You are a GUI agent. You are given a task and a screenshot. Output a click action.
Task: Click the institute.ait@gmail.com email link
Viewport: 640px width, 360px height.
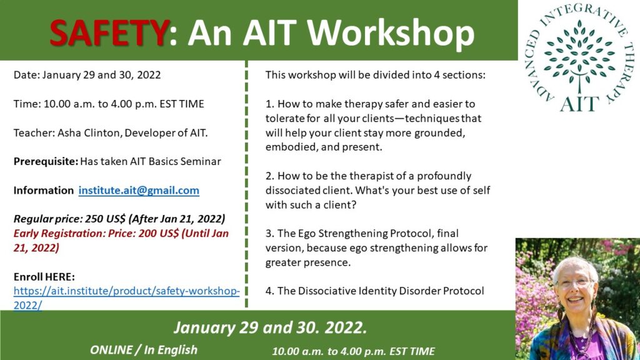click(x=139, y=191)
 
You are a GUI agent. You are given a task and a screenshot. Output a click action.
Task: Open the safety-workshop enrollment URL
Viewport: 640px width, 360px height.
click(x=126, y=298)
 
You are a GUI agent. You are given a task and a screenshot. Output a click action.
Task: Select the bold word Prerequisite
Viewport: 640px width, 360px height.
click(x=46, y=162)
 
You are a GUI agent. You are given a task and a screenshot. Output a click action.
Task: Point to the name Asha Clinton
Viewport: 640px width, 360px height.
click(x=89, y=132)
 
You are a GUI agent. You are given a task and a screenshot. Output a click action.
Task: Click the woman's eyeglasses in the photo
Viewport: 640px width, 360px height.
click(x=575, y=282)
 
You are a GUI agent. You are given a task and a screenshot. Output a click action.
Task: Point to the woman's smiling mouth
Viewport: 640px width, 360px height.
click(x=576, y=299)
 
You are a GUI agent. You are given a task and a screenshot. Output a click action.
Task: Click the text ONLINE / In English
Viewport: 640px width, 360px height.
click(x=144, y=350)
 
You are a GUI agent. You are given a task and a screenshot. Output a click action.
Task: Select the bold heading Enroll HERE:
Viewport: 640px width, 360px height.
click(x=44, y=277)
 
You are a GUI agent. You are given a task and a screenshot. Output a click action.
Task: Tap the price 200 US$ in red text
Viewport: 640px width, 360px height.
click(x=159, y=234)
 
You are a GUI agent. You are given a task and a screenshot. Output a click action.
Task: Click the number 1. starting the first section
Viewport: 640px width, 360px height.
click(x=270, y=104)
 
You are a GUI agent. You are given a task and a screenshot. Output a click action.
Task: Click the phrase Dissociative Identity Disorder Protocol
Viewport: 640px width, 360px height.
click(x=391, y=291)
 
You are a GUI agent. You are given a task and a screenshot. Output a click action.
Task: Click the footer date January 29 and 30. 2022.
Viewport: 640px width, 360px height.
click(x=270, y=327)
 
